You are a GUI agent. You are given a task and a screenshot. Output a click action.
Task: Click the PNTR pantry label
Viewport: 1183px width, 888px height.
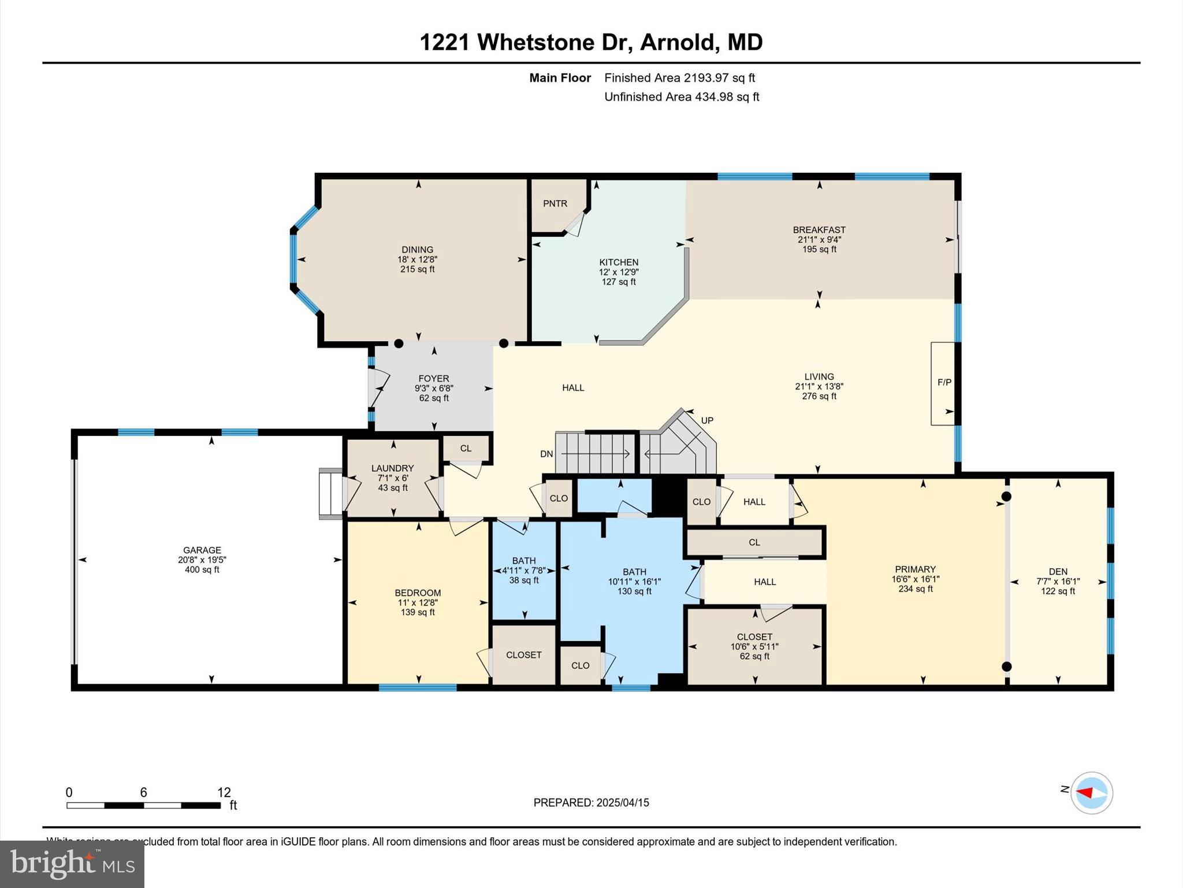click(555, 203)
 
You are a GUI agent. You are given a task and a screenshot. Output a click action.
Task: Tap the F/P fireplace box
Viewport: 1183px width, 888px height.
click(944, 383)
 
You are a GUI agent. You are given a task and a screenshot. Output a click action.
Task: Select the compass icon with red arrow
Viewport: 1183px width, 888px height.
click(1091, 793)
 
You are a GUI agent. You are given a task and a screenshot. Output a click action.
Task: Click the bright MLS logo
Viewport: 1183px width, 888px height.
click(72, 864)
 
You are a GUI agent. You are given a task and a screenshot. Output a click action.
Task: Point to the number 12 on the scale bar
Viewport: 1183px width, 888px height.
click(224, 793)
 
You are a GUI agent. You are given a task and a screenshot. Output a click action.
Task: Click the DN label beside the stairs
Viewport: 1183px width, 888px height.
click(546, 454)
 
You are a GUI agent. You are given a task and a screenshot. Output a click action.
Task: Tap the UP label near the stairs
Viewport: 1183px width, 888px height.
click(707, 420)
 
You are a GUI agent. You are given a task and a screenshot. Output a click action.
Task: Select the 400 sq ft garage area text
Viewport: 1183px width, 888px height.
click(202, 570)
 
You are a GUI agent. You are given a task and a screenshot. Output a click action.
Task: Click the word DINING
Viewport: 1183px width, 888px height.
click(418, 250)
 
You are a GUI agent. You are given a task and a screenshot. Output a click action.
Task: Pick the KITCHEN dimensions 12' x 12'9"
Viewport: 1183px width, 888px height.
click(619, 272)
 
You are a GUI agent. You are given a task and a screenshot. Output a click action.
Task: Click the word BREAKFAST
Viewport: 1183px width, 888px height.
click(819, 230)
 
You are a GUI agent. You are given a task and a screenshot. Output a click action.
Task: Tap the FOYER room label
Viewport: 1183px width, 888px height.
click(434, 379)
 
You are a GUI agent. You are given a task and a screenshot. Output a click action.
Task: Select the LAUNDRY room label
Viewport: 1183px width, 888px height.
click(393, 468)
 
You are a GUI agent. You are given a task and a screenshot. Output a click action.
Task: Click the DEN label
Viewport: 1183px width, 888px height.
click(1058, 572)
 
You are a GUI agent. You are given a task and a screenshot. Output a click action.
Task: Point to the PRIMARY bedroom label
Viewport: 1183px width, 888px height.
click(915, 569)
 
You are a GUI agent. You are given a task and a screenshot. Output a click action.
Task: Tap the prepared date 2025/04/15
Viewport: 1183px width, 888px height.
click(623, 802)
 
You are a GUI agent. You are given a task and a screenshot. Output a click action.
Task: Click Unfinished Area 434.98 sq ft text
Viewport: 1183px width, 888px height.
click(682, 97)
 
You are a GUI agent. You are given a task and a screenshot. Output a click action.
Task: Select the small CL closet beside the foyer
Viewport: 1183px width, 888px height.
click(466, 449)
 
